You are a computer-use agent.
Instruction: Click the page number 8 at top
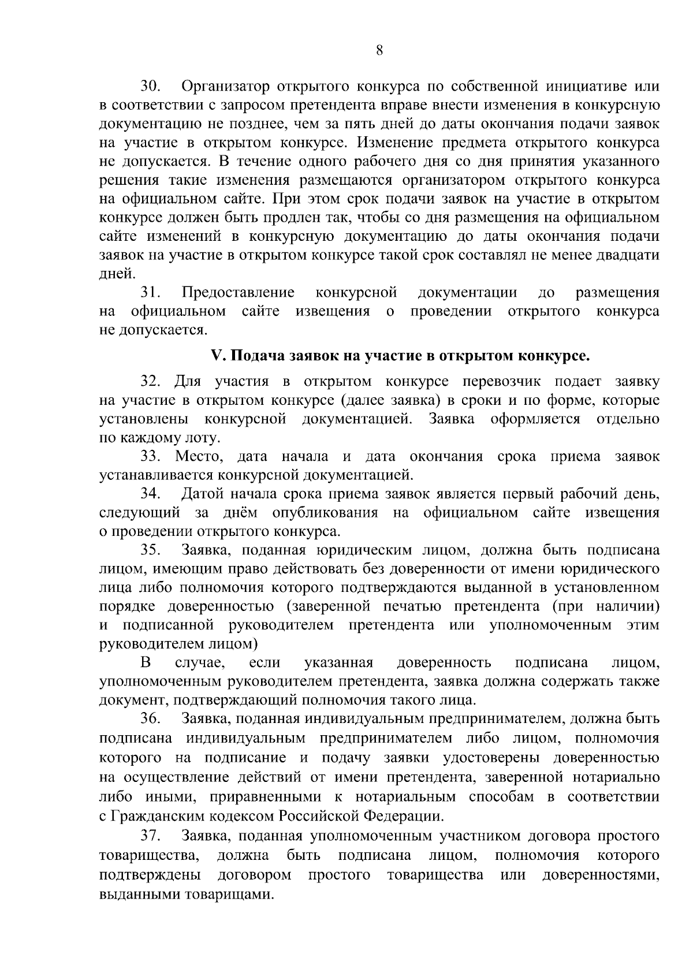(x=379, y=50)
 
